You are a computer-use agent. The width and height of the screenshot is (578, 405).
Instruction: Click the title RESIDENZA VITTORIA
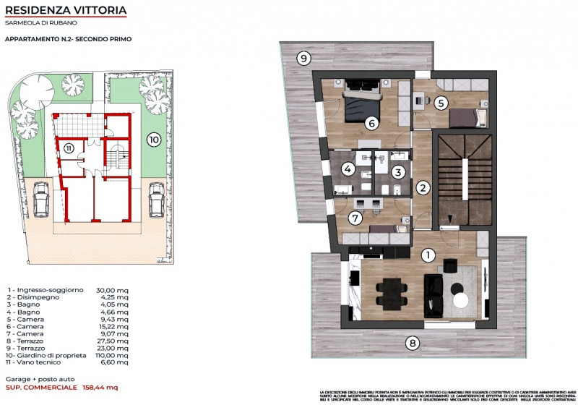coord(66,11)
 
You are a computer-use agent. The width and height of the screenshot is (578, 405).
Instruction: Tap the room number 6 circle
coord(371,123)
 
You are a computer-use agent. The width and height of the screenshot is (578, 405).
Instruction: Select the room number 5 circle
coord(441,103)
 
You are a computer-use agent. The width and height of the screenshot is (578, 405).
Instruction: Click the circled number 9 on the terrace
coord(304,58)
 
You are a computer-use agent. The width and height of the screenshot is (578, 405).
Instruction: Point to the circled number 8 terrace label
coord(412,343)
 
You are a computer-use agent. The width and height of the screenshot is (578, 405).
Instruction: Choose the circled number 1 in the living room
coord(428,255)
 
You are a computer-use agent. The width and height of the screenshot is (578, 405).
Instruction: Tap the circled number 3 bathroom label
coord(397,171)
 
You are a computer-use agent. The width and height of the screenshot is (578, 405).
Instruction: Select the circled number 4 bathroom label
coord(348,170)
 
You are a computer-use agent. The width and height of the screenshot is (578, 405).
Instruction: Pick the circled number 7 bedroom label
coord(354,217)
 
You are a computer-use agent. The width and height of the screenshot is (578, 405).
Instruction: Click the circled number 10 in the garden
coord(153,140)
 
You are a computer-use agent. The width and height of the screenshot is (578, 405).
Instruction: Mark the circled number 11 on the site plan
coord(68,148)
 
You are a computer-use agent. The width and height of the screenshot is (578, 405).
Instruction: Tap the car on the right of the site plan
coord(156,199)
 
